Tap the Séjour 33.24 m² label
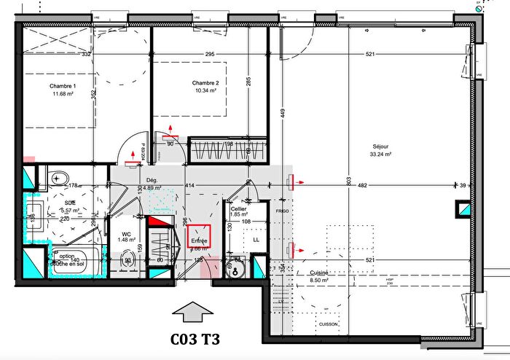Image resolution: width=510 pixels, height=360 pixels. pyautogui.click(x=380, y=151)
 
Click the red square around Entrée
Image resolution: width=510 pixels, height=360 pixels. pyautogui.click(x=199, y=237)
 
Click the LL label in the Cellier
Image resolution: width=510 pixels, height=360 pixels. pyautogui.click(x=255, y=239)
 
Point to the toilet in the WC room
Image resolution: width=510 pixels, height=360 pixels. pyautogui.click(x=127, y=260)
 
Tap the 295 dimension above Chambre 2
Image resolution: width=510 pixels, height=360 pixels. pyautogui.click(x=210, y=54)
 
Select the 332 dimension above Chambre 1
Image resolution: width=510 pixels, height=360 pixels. pyautogui.click(x=85, y=54)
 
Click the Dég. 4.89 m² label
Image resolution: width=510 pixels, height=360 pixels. pyautogui.click(x=152, y=184)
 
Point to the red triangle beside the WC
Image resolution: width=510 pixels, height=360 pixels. pyautogui.click(x=156, y=220)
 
